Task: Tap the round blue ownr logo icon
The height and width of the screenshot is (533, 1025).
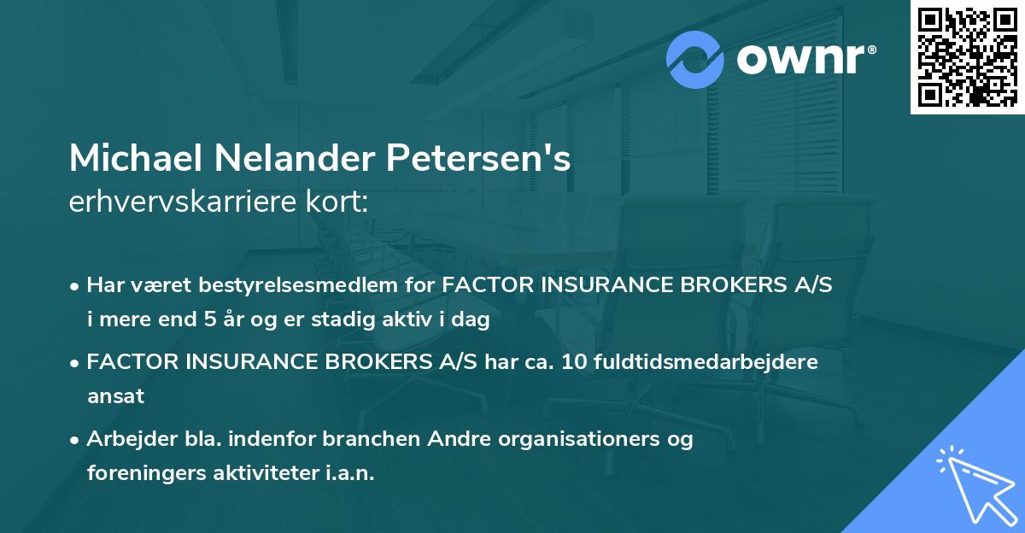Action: point(696,60)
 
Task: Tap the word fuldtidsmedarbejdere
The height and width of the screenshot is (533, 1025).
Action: point(704,362)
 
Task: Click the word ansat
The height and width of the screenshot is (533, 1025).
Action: point(115,396)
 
